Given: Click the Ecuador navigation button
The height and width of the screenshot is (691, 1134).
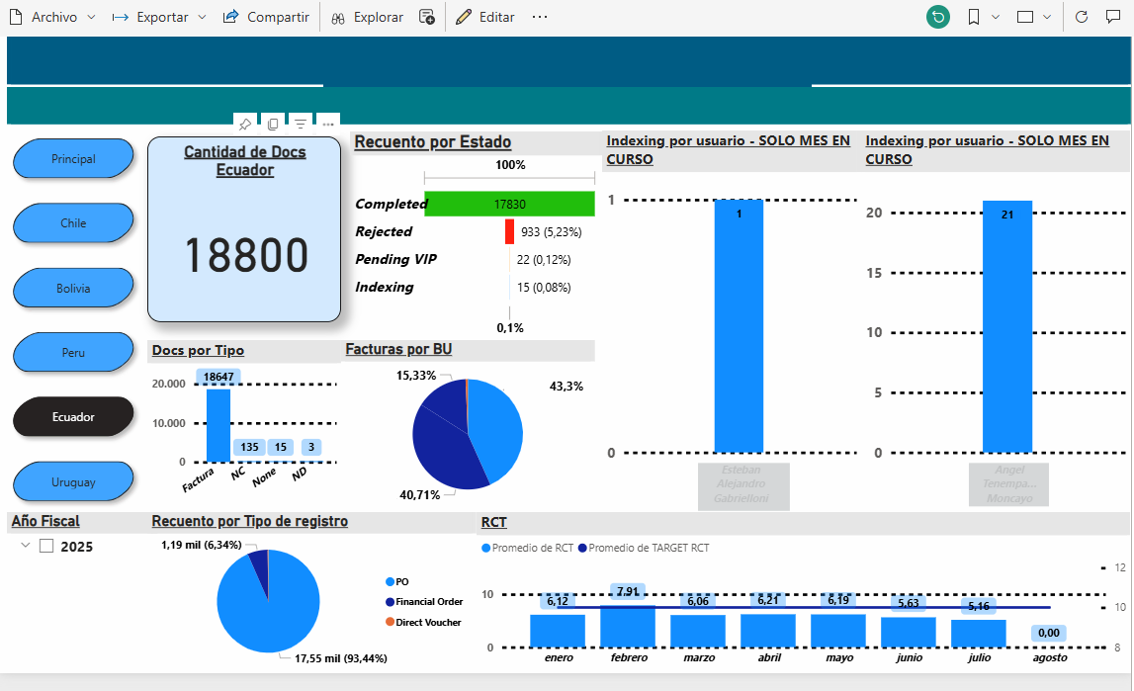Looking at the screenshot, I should [73, 417].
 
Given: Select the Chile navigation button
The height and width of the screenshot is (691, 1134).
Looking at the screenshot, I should [73, 223].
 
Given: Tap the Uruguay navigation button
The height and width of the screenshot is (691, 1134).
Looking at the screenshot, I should [73, 482].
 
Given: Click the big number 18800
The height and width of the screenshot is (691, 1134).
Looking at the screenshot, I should [246, 256].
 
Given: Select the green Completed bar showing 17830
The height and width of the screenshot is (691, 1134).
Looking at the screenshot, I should [509, 204].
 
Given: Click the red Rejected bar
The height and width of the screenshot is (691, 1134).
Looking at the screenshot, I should [509, 232].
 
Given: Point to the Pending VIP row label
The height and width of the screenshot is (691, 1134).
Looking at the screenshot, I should [395, 259].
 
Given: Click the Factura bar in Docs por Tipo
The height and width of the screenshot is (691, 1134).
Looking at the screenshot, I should [218, 425].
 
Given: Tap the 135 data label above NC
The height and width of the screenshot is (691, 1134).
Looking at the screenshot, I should [249, 448].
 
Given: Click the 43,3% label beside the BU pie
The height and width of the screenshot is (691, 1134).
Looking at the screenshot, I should [567, 387].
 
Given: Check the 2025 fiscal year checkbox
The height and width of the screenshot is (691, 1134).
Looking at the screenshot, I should [46, 547].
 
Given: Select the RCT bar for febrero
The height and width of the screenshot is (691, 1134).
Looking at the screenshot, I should [628, 627].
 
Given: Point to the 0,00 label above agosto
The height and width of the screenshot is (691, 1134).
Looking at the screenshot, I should [1049, 633].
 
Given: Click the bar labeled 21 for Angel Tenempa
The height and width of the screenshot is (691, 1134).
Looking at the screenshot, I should [1006, 326].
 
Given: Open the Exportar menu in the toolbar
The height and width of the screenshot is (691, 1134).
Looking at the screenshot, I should [159, 17].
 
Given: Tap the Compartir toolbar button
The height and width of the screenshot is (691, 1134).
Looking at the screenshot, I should [266, 17].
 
